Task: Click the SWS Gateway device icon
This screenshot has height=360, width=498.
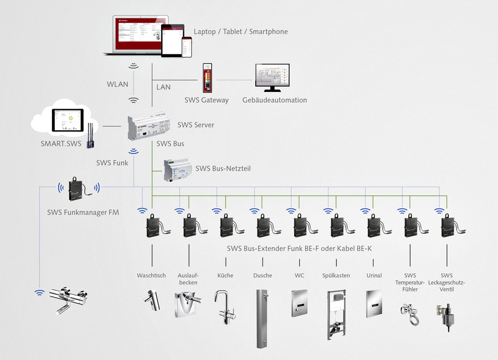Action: tap(207, 78)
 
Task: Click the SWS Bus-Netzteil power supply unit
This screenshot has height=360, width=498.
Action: tap(178, 169)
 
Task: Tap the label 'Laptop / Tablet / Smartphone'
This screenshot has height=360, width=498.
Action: tap(240, 31)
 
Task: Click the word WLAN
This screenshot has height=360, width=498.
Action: tap(118, 85)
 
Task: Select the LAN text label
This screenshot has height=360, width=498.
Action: tap(163, 87)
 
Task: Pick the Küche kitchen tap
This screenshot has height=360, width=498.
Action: tap(222, 306)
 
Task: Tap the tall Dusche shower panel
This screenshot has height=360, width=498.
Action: tap(262, 318)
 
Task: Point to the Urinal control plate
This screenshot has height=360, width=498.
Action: tap(374, 303)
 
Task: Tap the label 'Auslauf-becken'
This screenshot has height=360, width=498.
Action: tap(188, 279)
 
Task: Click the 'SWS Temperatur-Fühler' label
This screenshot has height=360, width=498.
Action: tap(410, 282)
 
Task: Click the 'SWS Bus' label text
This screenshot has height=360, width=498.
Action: tap(170, 143)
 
